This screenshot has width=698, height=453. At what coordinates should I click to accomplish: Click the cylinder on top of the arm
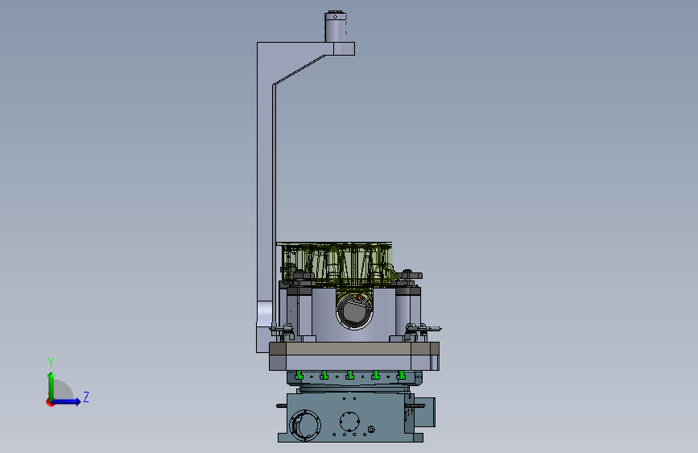coord(336,27)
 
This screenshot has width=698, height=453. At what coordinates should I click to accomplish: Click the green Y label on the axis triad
coord(51,363)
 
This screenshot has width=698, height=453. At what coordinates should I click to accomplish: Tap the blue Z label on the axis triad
coord(86,397)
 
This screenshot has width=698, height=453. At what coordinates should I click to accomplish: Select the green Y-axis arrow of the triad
coord(52,386)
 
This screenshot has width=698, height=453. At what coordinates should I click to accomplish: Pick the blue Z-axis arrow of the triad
coord(66,401)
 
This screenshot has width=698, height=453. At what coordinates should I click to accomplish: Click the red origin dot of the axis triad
coord(50,402)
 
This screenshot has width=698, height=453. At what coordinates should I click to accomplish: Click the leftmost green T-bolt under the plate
coord(299,376)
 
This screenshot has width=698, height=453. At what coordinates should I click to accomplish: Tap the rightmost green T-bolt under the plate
coord(401,376)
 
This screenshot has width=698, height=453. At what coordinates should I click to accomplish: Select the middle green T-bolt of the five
coord(350,376)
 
